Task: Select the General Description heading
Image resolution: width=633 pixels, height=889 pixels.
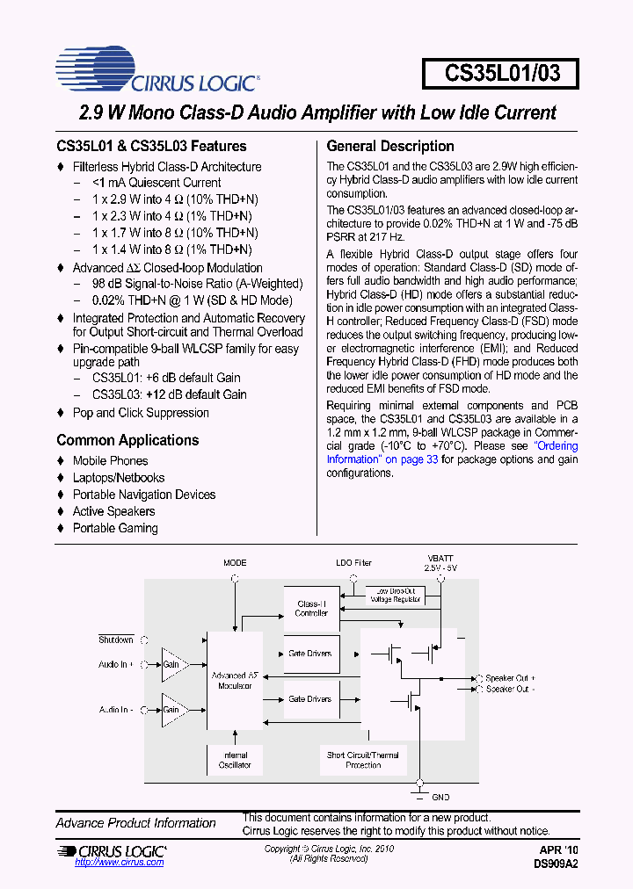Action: click(x=390, y=146)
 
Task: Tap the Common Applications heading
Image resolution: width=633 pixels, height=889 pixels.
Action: click(x=127, y=440)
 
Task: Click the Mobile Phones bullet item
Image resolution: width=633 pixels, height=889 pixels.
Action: click(x=110, y=460)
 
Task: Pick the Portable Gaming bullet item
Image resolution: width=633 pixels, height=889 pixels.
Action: click(x=115, y=528)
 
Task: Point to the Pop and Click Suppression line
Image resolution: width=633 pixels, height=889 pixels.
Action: click(x=141, y=413)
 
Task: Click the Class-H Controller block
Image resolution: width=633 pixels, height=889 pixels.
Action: click(x=311, y=608)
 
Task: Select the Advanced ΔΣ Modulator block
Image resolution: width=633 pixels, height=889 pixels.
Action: click(x=235, y=680)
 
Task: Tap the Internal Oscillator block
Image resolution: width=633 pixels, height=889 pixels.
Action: click(x=235, y=760)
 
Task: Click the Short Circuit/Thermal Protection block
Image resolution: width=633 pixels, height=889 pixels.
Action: click(x=362, y=760)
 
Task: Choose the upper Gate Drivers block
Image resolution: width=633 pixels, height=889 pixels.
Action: click(x=310, y=654)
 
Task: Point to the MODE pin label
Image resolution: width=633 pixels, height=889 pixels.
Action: click(x=235, y=563)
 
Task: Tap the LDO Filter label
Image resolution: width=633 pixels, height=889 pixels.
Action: click(x=353, y=563)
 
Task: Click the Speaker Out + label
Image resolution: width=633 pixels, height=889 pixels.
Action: click(x=510, y=678)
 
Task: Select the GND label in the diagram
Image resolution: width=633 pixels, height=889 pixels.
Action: click(x=440, y=797)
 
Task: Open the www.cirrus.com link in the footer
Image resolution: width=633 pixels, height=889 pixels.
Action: click(x=120, y=863)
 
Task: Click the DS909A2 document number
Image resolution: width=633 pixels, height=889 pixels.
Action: click(x=556, y=864)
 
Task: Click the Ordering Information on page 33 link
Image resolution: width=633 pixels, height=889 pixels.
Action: click(x=451, y=452)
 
